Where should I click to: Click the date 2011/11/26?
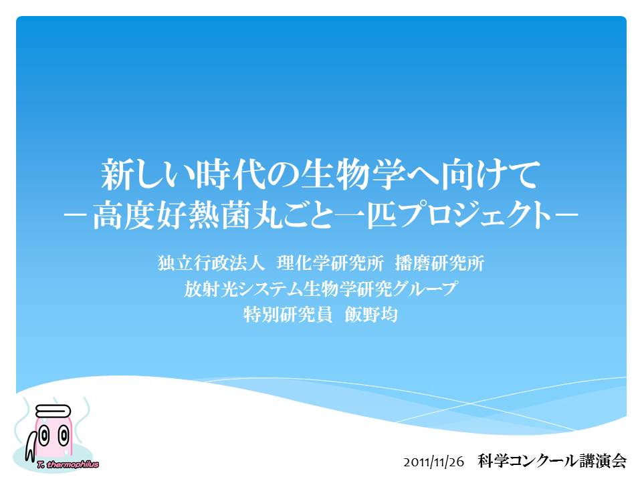pos(434,462)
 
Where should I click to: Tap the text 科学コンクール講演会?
pos(552,461)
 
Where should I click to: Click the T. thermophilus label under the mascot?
pos(68,464)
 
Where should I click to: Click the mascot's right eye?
pos(64,435)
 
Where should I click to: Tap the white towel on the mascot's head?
pos(53,411)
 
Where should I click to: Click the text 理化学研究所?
pos(330,263)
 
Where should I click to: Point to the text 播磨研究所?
pos(440,263)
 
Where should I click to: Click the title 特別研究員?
pos(288,315)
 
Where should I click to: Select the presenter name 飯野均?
pos(371,315)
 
